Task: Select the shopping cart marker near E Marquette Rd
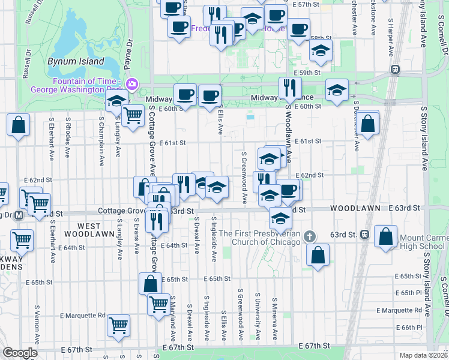point(118,325)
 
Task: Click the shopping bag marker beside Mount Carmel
point(385,236)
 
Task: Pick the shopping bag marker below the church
point(318,254)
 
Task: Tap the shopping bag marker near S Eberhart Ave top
point(19,125)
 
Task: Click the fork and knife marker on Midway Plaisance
point(290,88)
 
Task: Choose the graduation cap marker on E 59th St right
point(337,91)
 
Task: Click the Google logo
point(20,353)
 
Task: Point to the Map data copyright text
point(424,355)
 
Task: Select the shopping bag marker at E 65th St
point(150,283)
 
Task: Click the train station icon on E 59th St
point(394,68)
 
